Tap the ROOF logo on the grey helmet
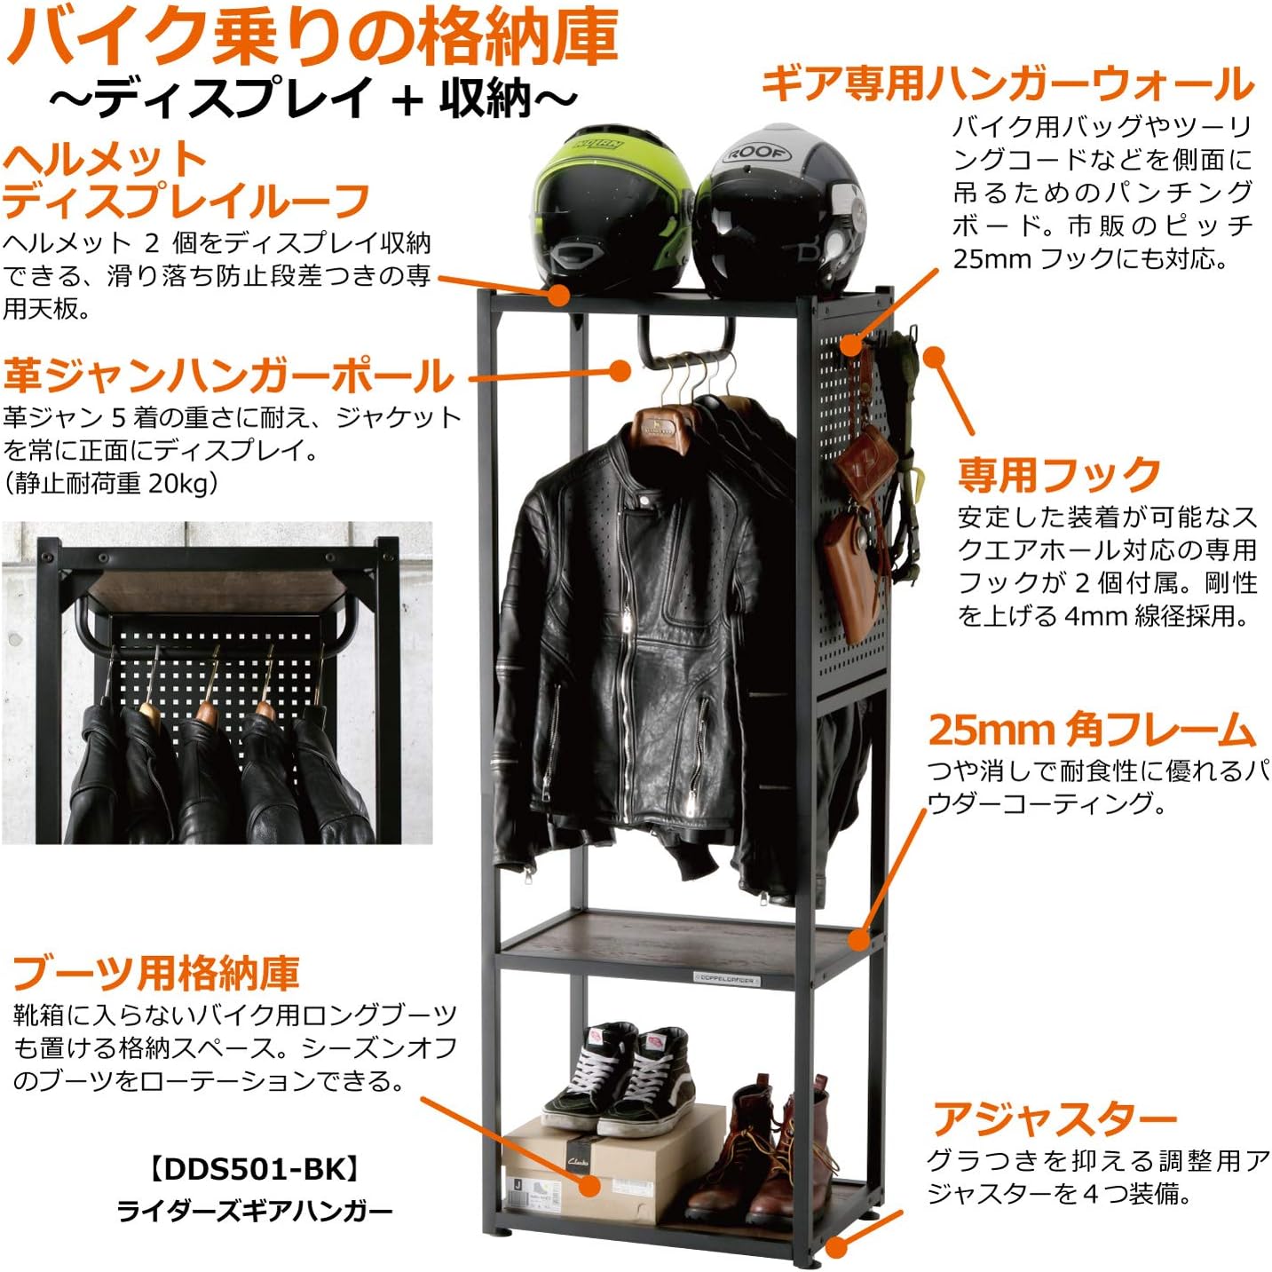[755, 154]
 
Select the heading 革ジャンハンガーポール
[228, 375]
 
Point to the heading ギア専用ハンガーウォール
[1007, 84]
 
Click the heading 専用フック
[1059, 475]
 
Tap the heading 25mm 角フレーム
[1091, 731]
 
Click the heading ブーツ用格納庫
[156, 973]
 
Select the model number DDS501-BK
[254, 1169]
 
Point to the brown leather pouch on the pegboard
[849, 568]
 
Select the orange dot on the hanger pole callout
[619, 372]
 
